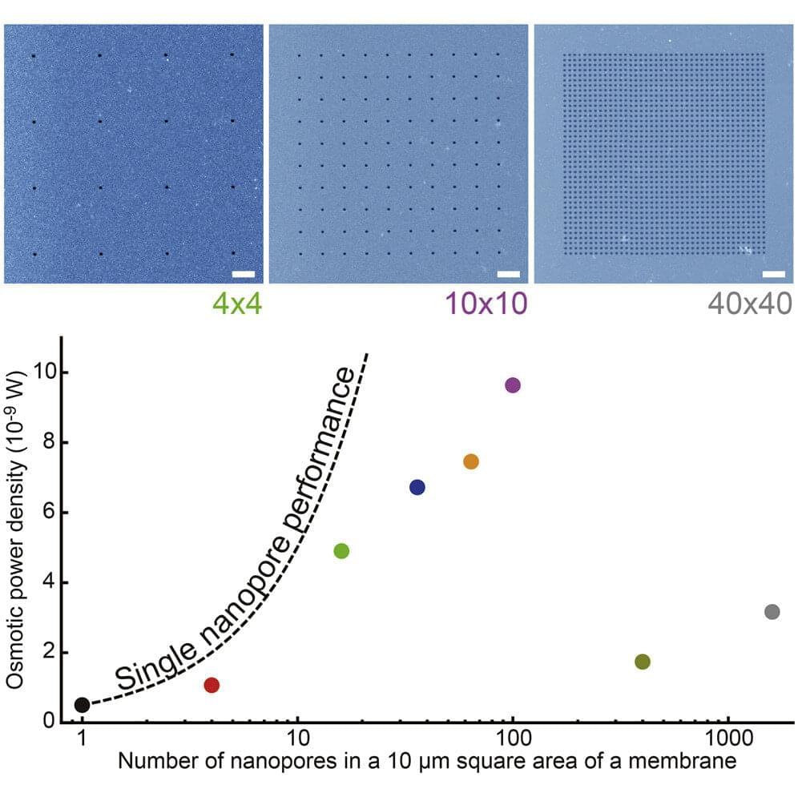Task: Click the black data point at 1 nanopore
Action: point(82,705)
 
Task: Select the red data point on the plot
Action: point(212,685)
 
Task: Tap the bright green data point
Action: point(341,551)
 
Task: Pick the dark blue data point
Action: point(417,487)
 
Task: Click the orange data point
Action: point(471,461)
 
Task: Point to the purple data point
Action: point(513,385)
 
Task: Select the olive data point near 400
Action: point(642,662)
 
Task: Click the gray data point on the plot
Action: point(772,612)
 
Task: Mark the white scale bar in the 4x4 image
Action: point(243,275)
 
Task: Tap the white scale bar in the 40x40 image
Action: point(773,275)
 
